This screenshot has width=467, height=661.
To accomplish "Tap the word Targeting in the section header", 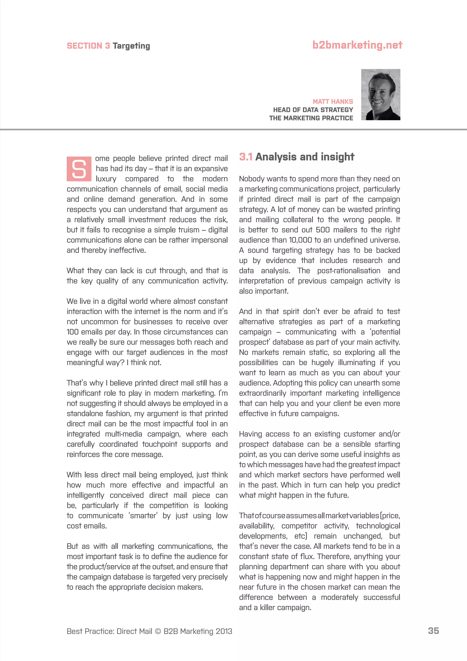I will tap(131, 46).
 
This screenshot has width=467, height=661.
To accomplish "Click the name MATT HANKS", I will tap(333, 102).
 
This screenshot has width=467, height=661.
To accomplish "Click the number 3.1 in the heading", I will tap(246, 157).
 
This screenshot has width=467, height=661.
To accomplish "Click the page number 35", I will tap(433, 631).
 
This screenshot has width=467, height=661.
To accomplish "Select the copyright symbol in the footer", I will tap(158, 631).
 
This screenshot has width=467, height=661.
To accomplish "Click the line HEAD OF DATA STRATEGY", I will tap(313, 110).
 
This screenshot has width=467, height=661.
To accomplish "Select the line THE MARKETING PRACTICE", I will tap(311, 118).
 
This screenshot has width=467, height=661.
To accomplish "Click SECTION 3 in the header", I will tap(88, 46).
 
